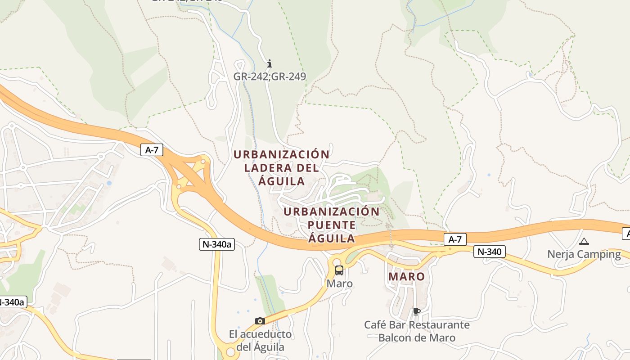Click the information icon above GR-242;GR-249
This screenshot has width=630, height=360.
tap(270, 63)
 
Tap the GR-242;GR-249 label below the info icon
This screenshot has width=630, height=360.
tap(270, 76)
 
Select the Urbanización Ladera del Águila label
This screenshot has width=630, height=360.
tap(282, 168)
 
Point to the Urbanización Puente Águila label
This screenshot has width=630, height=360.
tap(332, 225)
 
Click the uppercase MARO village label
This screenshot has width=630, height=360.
tap(406, 276)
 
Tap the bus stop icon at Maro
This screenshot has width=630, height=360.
tap(339, 270)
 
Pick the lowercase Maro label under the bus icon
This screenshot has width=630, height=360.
tap(340, 284)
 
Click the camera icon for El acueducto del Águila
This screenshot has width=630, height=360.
tap(260, 321)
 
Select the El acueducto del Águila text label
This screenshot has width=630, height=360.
tap(261, 341)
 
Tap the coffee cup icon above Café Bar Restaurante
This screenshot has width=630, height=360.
tap(416, 311)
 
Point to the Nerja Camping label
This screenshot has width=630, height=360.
tap(584, 254)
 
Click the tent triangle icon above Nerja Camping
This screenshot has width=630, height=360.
tap(584, 242)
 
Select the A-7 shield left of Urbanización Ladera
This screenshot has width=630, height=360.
tap(152, 150)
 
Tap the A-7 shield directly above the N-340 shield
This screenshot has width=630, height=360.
tap(455, 239)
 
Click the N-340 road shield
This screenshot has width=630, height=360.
tap(489, 252)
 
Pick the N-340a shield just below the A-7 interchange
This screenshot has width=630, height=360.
tap(217, 244)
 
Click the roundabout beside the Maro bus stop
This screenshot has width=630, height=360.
tap(336, 261)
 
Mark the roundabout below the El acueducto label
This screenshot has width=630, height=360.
tap(231, 351)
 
